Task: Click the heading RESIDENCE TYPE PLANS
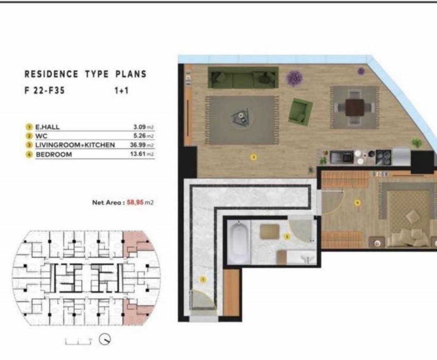[x=85, y=74]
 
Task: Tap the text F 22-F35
[x=45, y=89]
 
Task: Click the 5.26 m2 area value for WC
[x=143, y=136]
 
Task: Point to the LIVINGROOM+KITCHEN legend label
[x=75, y=145]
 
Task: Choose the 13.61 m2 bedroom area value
[x=143, y=154]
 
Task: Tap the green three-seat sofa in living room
[x=242, y=78]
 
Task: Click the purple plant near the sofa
[x=294, y=78]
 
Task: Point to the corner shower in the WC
[x=302, y=230]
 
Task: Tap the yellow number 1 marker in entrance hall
[x=203, y=280]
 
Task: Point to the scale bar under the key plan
[x=78, y=340]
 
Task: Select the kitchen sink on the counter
[x=341, y=155]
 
